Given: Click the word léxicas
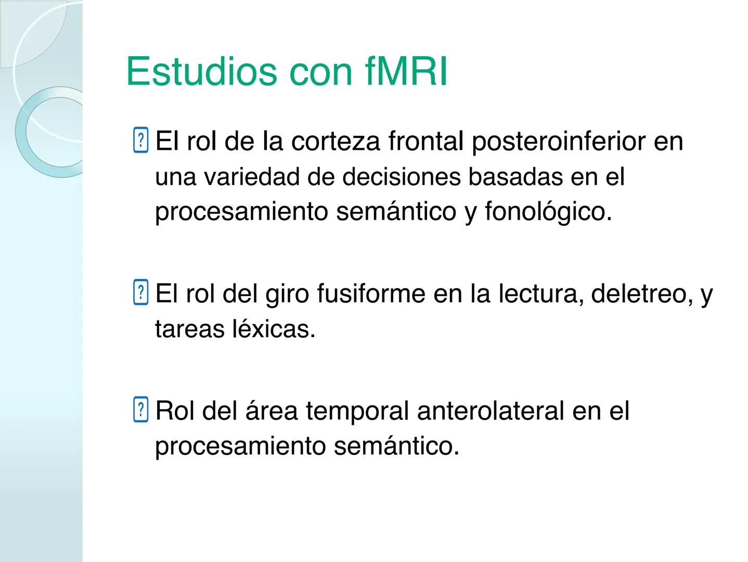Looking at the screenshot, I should coord(273,329).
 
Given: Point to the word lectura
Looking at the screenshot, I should coord(535,294).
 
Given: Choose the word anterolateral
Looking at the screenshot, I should coord(490,411).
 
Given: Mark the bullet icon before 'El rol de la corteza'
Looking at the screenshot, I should coord(140,140).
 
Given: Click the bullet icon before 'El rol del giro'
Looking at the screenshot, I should coord(140,293).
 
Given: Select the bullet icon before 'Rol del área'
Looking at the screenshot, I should coord(140,411).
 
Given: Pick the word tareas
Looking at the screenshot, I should coord(189,329).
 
